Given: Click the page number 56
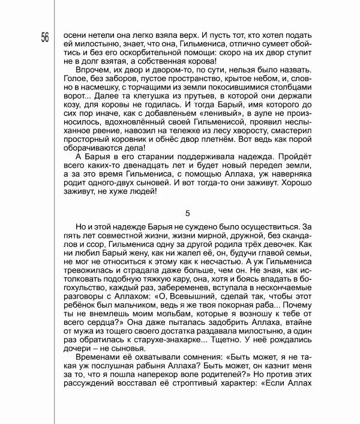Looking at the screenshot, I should pos(45,38).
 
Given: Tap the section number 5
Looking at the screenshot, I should pos(188,214).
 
